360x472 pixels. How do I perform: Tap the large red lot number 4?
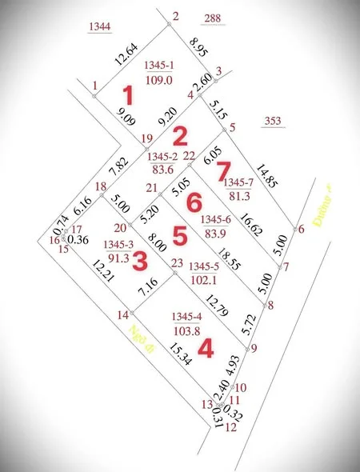click(206, 349)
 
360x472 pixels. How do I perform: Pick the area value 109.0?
click(157, 78)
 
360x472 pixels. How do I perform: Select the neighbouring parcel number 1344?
click(100, 26)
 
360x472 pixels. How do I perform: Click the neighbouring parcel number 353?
click(273, 122)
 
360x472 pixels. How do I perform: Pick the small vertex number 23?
click(177, 262)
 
